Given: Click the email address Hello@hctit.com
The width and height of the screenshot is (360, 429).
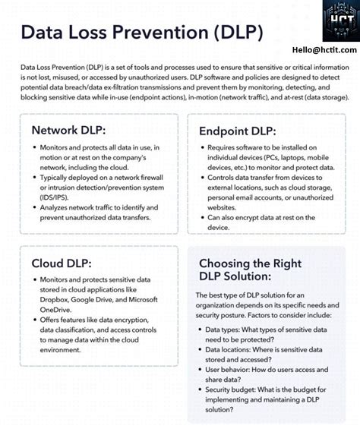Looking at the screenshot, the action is (x=319, y=49).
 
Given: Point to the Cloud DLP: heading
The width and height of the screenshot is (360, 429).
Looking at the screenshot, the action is (x=62, y=263).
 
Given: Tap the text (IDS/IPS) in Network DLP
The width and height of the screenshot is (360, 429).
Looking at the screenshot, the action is (x=54, y=196).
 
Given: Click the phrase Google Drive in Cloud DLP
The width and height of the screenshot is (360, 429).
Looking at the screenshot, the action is (x=98, y=299).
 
